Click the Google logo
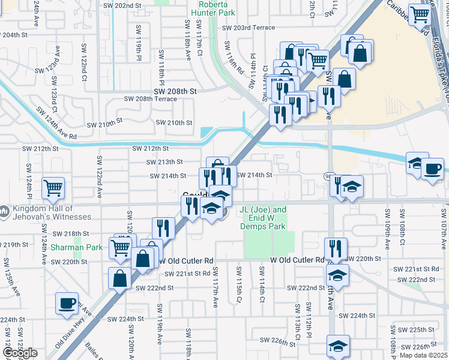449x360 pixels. [19, 353]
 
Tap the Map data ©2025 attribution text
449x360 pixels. [423, 355]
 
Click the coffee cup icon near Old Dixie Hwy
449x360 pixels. [66, 302]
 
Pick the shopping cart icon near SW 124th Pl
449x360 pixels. [53, 188]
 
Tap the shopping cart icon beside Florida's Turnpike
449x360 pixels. [420, 14]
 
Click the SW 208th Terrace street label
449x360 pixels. [150, 99]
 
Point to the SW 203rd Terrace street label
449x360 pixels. [249, 28]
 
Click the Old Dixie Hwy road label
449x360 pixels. [68, 337]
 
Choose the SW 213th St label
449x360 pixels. [164, 162]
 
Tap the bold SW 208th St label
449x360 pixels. [175, 91]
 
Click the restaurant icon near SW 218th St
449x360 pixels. [163, 227]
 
